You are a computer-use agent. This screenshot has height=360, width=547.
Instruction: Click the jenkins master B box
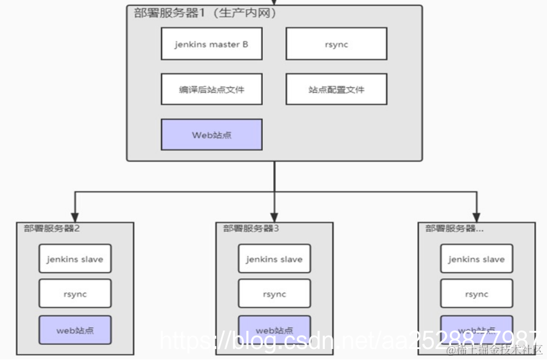tap(211, 44)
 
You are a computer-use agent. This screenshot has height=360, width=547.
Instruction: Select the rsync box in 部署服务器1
tap(336, 44)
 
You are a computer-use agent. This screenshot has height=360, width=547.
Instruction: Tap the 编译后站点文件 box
tap(211, 89)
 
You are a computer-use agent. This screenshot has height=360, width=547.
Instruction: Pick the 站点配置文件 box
tap(336, 89)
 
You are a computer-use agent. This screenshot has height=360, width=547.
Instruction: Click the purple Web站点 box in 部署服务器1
tap(211, 135)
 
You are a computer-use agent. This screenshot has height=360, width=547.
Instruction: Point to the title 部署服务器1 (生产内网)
tap(205, 13)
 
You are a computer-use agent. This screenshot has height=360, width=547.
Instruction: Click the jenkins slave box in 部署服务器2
tap(75, 259)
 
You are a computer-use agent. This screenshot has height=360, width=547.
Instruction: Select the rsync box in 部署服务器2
tap(75, 294)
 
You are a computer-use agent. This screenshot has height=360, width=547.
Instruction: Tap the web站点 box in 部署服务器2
tap(75, 330)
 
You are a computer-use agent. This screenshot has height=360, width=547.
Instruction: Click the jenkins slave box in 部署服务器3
tap(274, 259)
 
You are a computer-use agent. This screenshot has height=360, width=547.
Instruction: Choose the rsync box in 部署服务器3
tap(274, 294)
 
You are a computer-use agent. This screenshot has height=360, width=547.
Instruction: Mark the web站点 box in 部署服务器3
tap(274, 330)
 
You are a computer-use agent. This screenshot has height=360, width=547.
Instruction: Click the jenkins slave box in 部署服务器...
tap(477, 259)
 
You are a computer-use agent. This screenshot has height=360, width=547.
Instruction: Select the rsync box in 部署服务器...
tap(477, 294)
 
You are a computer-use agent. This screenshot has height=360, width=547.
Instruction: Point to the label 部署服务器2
tap(52, 228)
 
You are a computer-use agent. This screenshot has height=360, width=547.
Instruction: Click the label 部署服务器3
tap(251, 228)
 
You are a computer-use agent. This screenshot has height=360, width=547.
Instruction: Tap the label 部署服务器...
tap(454, 228)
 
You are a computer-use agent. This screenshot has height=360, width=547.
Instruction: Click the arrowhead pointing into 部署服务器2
tap(75, 216)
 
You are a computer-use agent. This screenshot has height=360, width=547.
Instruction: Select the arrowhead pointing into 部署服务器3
tap(274, 216)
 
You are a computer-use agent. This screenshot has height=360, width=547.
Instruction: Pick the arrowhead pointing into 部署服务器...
tap(477, 216)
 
